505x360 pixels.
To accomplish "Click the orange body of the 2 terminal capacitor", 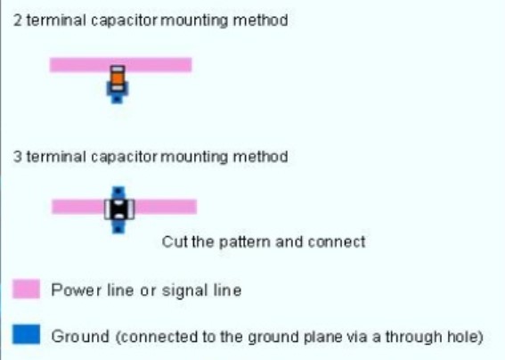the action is [118, 78].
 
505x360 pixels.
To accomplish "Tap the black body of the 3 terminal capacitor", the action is [118, 209].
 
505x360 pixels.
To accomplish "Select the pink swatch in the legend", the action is [27, 289].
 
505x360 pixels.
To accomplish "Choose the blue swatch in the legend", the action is [27, 334].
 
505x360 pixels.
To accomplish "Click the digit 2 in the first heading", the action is [18, 20].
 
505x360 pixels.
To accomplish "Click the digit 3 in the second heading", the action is [18, 157].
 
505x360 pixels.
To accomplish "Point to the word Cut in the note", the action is [175, 241].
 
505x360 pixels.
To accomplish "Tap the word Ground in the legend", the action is [80, 337].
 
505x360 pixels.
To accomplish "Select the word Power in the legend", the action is [76, 290].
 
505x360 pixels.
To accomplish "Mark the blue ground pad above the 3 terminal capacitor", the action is [118, 193].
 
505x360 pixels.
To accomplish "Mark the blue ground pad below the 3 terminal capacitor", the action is [118, 226].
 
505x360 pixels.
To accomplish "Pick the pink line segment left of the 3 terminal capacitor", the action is [78, 207].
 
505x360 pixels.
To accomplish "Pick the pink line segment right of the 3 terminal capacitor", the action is [166, 207].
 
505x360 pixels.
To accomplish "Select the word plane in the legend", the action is [323, 338].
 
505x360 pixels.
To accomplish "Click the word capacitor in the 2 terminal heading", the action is [124, 21].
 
